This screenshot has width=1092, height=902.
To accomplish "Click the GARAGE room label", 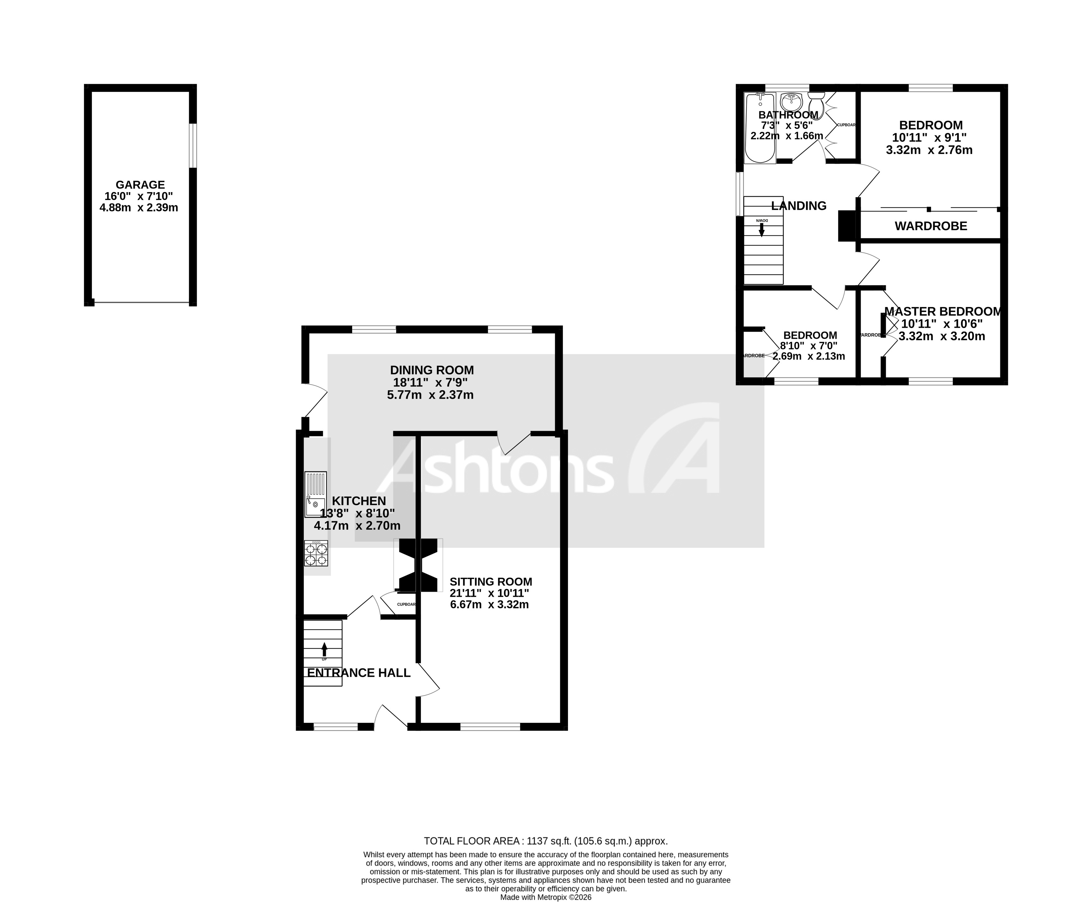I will pyautogui.click(x=140, y=184).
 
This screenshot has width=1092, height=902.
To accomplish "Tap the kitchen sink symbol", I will pyautogui.click(x=315, y=494).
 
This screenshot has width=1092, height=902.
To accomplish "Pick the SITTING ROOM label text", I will pyautogui.click(x=490, y=582).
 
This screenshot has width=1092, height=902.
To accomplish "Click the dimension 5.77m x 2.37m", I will pyautogui.click(x=430, y=395).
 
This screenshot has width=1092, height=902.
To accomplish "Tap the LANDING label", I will pyautogui.click(x=798, y=206).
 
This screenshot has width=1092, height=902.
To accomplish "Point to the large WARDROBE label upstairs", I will pyautogui.click(x=930, y=226).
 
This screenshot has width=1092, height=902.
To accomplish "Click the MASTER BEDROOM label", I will pyautogui.click(x=942, y=311).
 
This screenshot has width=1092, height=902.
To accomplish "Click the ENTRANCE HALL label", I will pyautogui.click(x=358, y=673).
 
